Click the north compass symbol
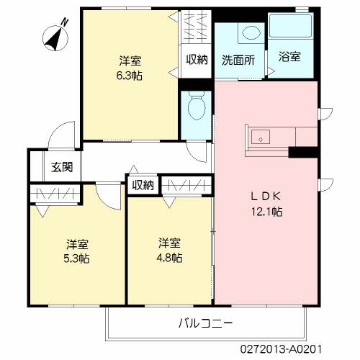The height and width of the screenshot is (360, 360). pos(55,38)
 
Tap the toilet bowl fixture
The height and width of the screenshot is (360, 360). pos(197,106)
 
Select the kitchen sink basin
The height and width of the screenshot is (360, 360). pos(261,137)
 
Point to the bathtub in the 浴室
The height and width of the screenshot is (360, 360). pos(290,25)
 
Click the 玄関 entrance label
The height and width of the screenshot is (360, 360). pos(62,167)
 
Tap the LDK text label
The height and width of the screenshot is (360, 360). pos(266,197)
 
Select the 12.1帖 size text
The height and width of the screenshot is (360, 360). pos(266,212)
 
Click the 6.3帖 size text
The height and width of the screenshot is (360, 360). pos(130,76)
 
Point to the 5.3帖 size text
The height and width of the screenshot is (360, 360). pos(76,258)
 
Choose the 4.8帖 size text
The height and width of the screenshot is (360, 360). pos(169,258)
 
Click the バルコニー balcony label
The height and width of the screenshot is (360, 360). pos(205,323)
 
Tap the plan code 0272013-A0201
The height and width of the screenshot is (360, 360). pos(281,349)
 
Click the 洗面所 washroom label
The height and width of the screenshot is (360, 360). pos(238,60)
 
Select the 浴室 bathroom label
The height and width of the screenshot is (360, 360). pos(289,57)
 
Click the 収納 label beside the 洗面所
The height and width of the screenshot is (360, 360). pos(197,59)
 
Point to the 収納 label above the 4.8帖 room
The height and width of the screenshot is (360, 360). pos(143,185)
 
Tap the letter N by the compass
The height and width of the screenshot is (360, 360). pos(64,22)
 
